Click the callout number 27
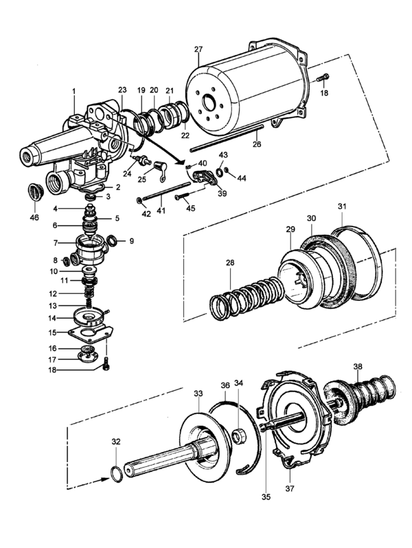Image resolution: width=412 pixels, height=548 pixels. click(x=198, y=49)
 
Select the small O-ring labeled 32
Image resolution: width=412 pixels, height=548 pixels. click(x=117, y=474)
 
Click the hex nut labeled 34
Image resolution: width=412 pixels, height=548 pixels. click(x=240, y=437)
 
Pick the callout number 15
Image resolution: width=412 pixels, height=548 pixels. click(x=52, y=332)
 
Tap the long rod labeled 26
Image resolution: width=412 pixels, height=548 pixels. click(x=227, y=138)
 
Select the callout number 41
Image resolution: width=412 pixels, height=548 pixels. click(x=161, y=211)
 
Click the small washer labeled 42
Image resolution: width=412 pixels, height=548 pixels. click(x=139, y=201)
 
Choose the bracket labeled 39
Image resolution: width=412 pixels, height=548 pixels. click(x=205, y=176)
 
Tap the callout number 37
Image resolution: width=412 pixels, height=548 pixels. click(x=290, y=488)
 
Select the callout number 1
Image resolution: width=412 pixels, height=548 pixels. click(x=73, y=91)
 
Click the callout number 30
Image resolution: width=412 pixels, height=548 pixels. click(x=311, y=218)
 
